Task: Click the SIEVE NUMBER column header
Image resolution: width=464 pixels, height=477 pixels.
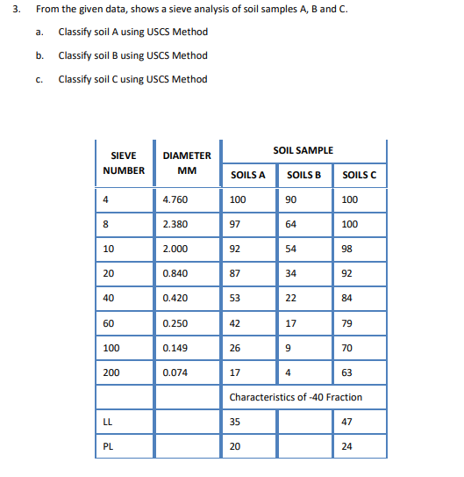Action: pyautogui.click(x=124, y=163)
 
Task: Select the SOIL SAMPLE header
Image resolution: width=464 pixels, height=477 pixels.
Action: pyautogui.click(x=303, y=151)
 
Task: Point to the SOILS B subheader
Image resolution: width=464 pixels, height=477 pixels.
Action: pyautogui.click(x=303, y=175)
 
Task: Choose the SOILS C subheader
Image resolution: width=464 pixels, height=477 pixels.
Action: pyautogui.click(x=360, y=175)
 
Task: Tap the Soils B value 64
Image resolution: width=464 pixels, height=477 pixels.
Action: pyautogui.click(x=291, y=224)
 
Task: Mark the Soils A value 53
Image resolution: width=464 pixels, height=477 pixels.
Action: pyautogui.click(x=235, y=298)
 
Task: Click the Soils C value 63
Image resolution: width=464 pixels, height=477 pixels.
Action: pyautogui.click(x=346, y=372)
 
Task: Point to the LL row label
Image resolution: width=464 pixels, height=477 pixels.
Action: pyautogui.click(x=108, y=422)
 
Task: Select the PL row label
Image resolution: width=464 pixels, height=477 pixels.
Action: pyautogui.click(x=108, y=446)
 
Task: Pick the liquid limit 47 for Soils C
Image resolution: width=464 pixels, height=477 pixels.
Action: pyautogui.click(x=346, y=422)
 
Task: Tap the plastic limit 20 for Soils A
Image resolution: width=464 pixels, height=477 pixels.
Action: pyautogui.click(x=235, y=446)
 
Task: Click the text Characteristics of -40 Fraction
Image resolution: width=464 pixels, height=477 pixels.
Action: pyautogui.click(x=296, y=397)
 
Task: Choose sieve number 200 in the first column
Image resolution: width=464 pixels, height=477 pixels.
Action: pyautogui.click(x=111, y=372)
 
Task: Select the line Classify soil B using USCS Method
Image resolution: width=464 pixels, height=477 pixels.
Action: pyautogui.click(x=132, y=55)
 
